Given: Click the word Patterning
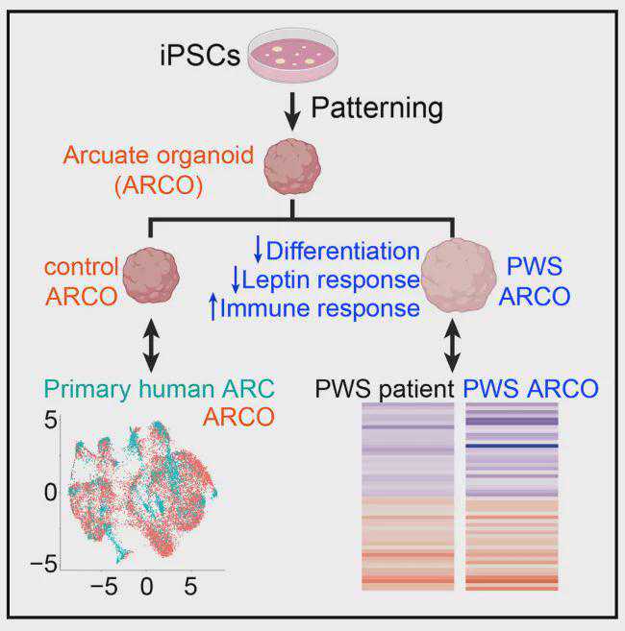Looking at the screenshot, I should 383,107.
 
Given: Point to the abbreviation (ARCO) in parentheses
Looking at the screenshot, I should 158,184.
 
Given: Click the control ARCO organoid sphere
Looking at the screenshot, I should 151,278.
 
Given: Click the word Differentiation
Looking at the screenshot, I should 343,251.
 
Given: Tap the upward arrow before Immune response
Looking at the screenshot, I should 213,308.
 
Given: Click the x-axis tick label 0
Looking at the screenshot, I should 147,585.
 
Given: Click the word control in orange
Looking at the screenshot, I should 82,265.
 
